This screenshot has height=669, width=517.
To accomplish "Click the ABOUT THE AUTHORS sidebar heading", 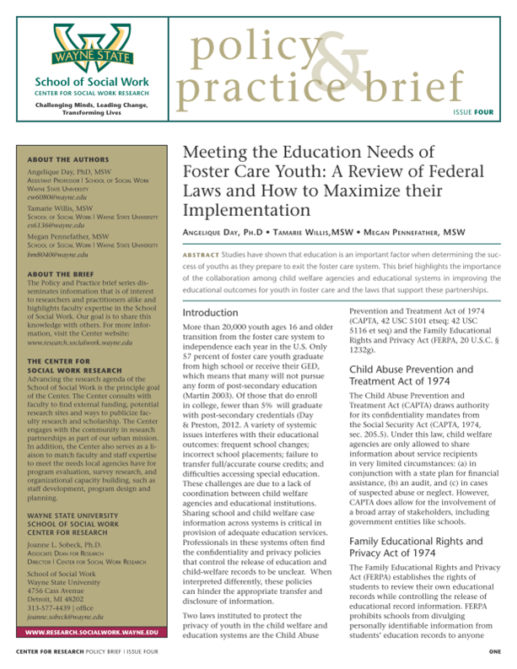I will point(62,159).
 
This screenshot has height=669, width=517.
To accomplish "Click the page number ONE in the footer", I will point(494,653).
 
